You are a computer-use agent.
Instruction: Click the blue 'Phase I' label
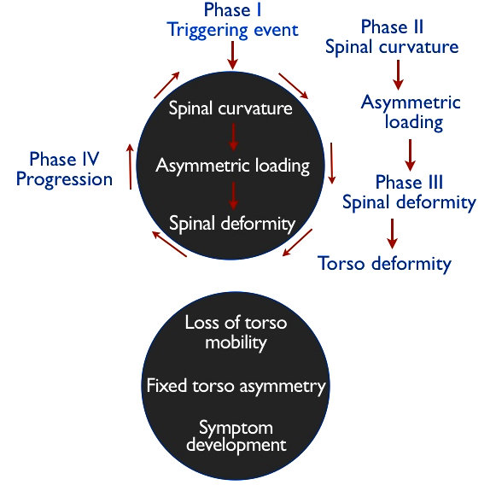point(231,10)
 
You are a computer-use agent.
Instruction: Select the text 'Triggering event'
point(231,31)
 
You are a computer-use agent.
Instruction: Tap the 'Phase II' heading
point(392,26)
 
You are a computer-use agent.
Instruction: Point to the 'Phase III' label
point(408,183)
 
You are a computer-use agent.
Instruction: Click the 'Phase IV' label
point(64,159)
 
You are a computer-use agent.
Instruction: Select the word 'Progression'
point(64,179)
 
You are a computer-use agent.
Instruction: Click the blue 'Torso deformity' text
point(384,263)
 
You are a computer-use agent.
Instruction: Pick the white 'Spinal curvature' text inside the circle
point(230,109)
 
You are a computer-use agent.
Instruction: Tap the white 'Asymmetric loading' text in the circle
point(232,165)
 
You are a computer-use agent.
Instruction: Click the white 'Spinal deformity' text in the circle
point(232,224)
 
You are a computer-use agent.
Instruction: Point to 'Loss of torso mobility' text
point(236,332)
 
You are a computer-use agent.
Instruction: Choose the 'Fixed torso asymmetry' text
point(236,386)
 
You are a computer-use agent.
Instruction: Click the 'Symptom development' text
point(236,435)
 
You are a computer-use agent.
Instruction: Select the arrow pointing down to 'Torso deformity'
point(393,232)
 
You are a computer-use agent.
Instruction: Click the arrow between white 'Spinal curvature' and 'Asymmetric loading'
point(231,137)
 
